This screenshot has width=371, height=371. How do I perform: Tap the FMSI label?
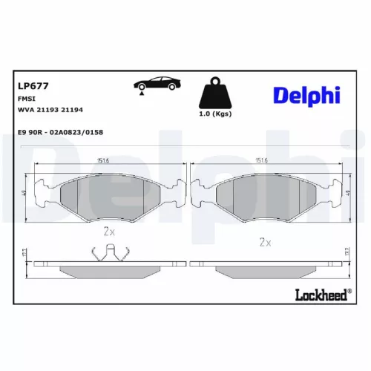25,99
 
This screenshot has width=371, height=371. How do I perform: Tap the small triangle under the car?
139,93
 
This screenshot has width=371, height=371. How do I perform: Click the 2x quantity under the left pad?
109,232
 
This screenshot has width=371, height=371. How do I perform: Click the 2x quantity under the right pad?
264,242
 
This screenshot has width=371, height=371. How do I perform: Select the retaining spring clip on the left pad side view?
108,255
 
